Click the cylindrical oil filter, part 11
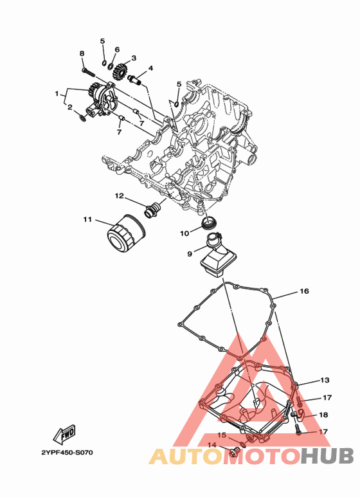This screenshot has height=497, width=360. click(x=126, y=233)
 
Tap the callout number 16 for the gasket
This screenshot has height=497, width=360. click(x=304, y=291)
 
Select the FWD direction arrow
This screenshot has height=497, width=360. click(x=64, y=433)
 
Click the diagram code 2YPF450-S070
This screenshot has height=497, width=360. click(x=67, y=452)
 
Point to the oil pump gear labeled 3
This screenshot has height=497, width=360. click(x=120, y=73)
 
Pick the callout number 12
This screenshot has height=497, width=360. click(x=119, y=196)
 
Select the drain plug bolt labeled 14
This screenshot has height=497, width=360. click(x=233, y=452)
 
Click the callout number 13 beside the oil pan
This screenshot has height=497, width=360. click(x=325, y=380)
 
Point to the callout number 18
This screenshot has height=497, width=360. click(x=323, y=415)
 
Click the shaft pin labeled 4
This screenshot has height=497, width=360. click(x=136, y=79)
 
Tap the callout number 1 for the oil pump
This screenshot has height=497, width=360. click(x=57, y=94)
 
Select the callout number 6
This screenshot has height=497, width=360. click(x=117, y=50)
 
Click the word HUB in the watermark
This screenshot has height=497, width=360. click(x=327, y=456)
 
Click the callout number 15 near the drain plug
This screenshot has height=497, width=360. click(x=222, y=435)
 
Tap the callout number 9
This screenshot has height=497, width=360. click(x=190, y=253)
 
